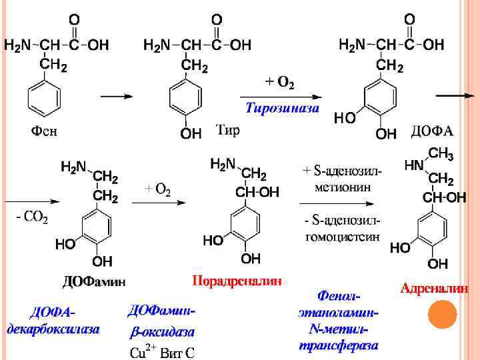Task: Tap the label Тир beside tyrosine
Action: (x=228, y=129)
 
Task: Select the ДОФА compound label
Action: (x=431, y=130)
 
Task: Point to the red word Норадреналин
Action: (x=237, y=281)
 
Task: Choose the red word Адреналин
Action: (x=433, y=288)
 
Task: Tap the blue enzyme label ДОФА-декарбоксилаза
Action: (x=53, y=321)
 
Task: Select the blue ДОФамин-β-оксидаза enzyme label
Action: (x=162, y=321)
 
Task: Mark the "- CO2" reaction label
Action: (x=31, y=218)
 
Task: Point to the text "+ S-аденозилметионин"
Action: (x=343, y=179)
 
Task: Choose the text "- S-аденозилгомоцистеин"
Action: (x=343, y=228)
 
